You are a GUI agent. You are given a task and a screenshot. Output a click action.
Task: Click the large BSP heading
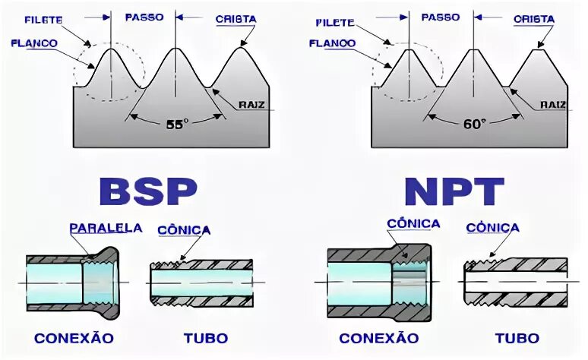[149, 191]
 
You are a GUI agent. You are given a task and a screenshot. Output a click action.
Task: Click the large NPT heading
[454, 191]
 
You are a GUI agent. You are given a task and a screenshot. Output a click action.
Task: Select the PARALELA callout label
[106, 228]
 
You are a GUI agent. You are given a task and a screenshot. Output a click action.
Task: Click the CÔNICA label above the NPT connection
[413, 223]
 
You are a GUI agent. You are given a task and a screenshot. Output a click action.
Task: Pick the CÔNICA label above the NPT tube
[492, 228]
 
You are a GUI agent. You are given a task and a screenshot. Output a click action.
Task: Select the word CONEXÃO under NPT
[378, 338]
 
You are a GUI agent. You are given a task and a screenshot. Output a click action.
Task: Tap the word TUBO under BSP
[205, 337]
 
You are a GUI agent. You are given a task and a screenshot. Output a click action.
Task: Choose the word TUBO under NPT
[517, 338]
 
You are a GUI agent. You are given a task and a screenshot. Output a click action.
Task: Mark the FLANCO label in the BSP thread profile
[34, 43]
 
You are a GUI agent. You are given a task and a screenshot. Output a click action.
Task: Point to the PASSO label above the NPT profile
[441, 17]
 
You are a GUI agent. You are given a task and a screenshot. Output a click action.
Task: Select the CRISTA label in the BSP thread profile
[236, 18]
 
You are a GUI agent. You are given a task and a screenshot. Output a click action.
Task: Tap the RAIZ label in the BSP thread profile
[251, 105]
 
